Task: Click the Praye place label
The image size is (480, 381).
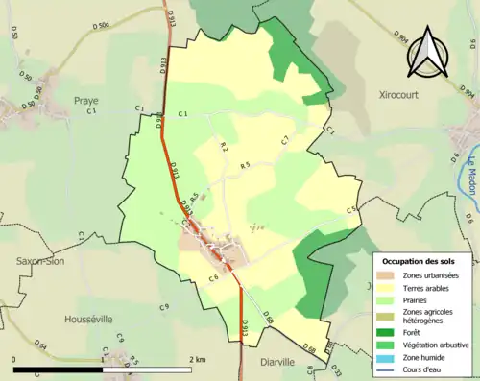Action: (x=87, y=100)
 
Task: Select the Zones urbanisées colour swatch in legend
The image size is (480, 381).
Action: (x=389, y=274)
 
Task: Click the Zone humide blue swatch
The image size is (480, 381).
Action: (x=389, y=356)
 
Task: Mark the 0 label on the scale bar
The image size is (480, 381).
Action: (x=13, y=359)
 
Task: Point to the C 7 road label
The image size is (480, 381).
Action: (x=285, y=141)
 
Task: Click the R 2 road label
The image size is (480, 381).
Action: (x=224, y=147)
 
